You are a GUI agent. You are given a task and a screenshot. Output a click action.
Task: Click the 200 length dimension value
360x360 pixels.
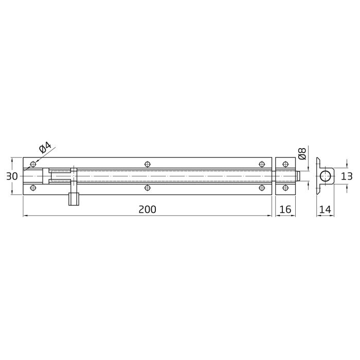pos(147,209)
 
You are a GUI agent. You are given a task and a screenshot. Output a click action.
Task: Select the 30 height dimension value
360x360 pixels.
pos(12,176)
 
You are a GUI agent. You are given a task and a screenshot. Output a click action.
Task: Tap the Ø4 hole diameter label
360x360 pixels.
pos(45,149)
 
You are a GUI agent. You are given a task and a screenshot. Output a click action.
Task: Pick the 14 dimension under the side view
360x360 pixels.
pos(324,209)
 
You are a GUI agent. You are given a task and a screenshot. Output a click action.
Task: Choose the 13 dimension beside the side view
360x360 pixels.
pos(347,176)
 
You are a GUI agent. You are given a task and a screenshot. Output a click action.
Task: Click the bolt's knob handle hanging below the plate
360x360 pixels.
pos(73,199)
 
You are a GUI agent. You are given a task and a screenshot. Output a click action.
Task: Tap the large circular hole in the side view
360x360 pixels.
pos(325,176)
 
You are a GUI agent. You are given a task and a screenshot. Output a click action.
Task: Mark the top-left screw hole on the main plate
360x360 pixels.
pos(34,164)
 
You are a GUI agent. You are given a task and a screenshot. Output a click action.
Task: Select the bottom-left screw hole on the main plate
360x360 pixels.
pos(34,188)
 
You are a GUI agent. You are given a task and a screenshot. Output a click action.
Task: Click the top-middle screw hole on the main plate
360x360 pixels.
pos(148,164)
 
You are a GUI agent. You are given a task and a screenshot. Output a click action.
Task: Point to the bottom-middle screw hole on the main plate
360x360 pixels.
pos(148,188)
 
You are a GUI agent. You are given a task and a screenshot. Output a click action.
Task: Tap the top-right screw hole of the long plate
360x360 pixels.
pos(261,164)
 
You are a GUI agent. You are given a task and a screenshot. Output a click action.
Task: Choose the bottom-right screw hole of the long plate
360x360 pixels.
pos(261,188)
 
